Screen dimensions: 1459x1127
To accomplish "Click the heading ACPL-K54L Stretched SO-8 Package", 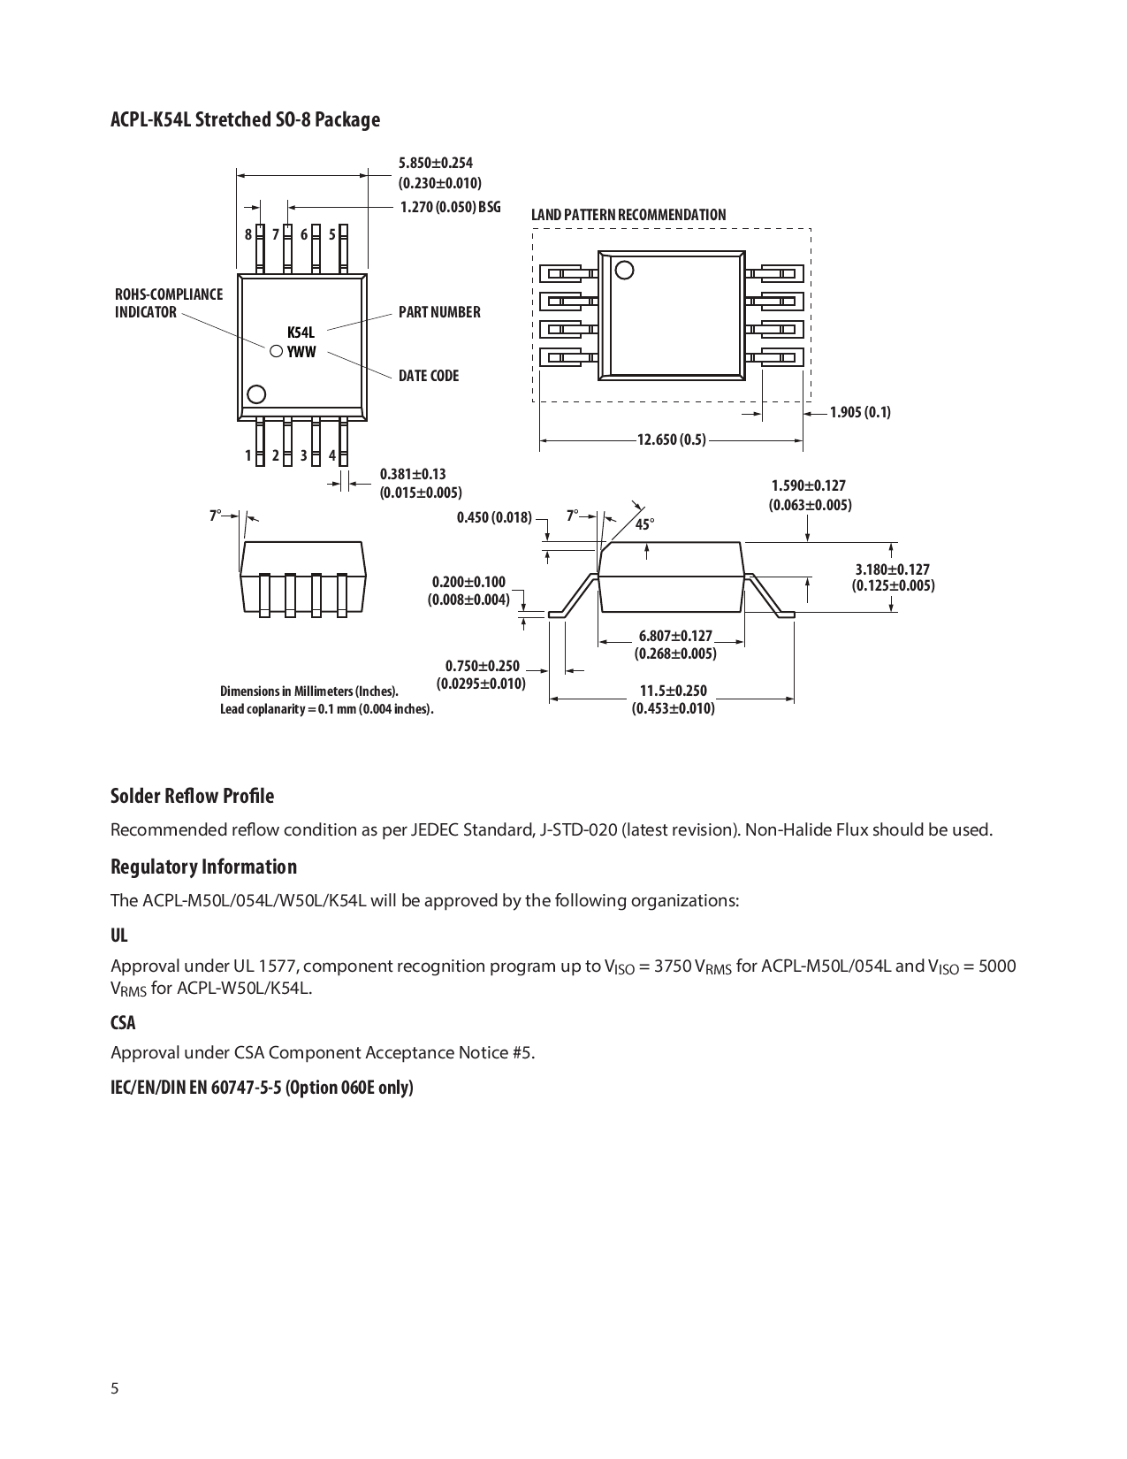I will (245, 119).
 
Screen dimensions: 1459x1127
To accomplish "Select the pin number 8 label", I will (248, 234).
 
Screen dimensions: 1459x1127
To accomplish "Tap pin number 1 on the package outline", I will (248, 455).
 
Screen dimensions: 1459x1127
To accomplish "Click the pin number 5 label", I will (332, 234).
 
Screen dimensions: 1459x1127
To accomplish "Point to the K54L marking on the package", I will (301, 332).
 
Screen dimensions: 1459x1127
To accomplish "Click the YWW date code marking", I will (301, 352).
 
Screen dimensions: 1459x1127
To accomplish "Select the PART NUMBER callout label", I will (439, 312).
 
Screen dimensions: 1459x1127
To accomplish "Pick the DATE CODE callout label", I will (429, 376).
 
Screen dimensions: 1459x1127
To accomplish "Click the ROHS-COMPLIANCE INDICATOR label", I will (169, 303).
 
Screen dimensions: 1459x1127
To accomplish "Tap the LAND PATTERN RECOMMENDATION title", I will (628, 215).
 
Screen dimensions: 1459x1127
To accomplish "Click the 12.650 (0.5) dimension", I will (672, 439).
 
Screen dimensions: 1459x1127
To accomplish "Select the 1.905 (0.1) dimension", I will (860, 412).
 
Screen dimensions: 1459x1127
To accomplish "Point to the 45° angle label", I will (645, 524).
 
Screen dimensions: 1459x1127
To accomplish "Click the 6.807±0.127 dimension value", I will (675, 636).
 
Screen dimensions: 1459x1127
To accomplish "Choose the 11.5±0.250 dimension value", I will (674, 691).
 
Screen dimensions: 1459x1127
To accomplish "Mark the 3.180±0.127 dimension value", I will (893, 569).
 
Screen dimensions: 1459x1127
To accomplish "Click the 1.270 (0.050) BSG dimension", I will (450, 207).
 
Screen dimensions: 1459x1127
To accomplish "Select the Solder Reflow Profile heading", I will (192, 796).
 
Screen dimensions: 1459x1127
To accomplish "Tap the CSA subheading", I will (123, 1022).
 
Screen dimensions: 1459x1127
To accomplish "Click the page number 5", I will (115, 1387).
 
